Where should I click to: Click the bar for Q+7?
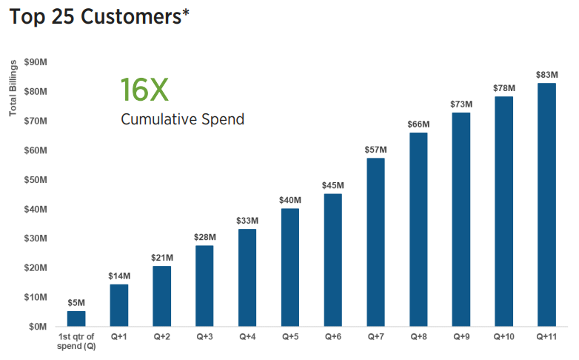(x=375, y=242)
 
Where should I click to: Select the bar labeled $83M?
(x=547, y=204)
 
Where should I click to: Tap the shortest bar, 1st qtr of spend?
(x=76, y=319)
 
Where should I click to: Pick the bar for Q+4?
(x=247, y=278)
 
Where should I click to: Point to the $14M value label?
(x=119, y=276)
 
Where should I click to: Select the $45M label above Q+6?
(x=332, y=185)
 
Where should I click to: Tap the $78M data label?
(x=504, y=88)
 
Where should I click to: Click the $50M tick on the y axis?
(x=36, y=179)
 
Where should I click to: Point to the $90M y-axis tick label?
(x=36, y=62)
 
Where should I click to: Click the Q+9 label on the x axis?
(x=461, y=337)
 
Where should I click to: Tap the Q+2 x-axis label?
(x=162, y=337)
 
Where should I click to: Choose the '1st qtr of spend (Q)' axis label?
(x=76, y=341)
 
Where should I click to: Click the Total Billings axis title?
(x=13, y=88)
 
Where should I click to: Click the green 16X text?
(x=144, y=90)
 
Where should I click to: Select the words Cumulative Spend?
(x=182, y=119)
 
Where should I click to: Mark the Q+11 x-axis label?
(x=547, y=337)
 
